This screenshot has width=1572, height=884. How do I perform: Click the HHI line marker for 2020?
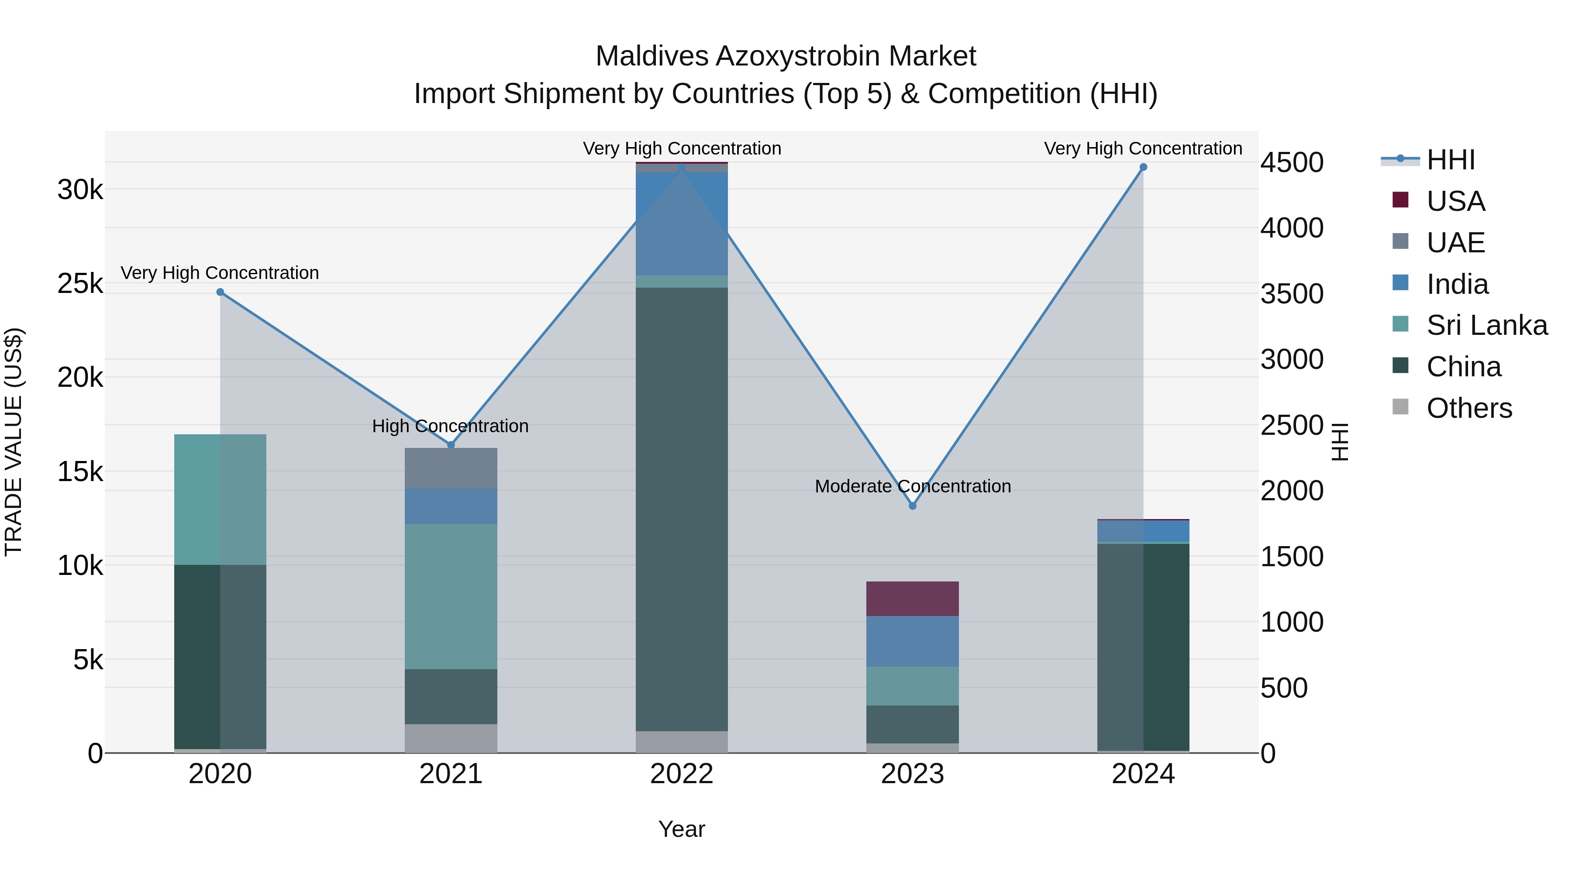point(221,292)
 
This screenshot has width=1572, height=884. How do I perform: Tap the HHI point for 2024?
point(1143,167)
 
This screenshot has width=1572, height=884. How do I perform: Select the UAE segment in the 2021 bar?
point(451,468)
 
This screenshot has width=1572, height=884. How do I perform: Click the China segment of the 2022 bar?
point(682,509)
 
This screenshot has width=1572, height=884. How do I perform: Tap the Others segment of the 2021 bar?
point(451,738)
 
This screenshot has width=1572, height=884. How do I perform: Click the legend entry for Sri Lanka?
point(1486,325)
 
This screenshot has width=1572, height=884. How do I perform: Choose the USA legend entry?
point(1455,201)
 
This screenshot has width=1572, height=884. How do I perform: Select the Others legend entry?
point(1469,408)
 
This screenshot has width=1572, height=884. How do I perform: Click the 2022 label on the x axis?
point(682,774)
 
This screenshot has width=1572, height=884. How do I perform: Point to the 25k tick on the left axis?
point(80,284)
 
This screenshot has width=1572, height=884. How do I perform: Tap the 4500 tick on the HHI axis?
point(1292,163)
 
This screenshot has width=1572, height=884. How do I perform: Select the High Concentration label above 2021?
point(450,426)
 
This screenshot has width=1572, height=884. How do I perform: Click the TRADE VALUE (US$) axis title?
point(14,442)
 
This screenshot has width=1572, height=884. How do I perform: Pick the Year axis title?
point(682,829)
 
